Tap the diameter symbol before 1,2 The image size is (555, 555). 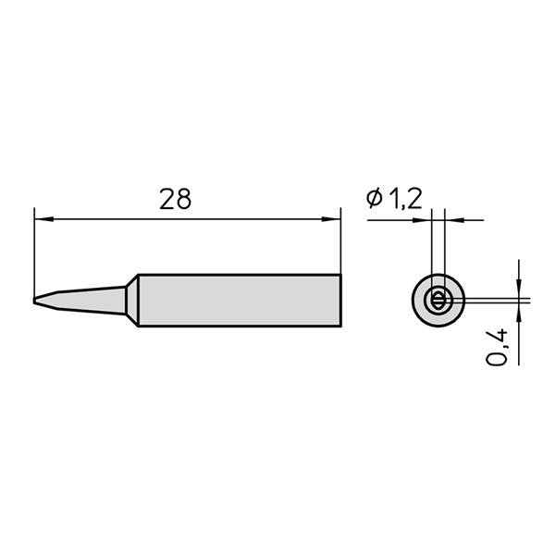(x=375, y=199)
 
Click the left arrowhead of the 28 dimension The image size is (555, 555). (x=40, y=219)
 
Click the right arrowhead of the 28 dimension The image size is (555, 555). (x=334, y=219)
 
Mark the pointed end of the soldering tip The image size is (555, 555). (x=33, y=301)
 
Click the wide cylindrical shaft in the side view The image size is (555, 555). (x=240, y=301)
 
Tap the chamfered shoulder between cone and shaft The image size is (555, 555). (x=131, y=301)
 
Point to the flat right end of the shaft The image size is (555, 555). (x=340, y=301)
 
